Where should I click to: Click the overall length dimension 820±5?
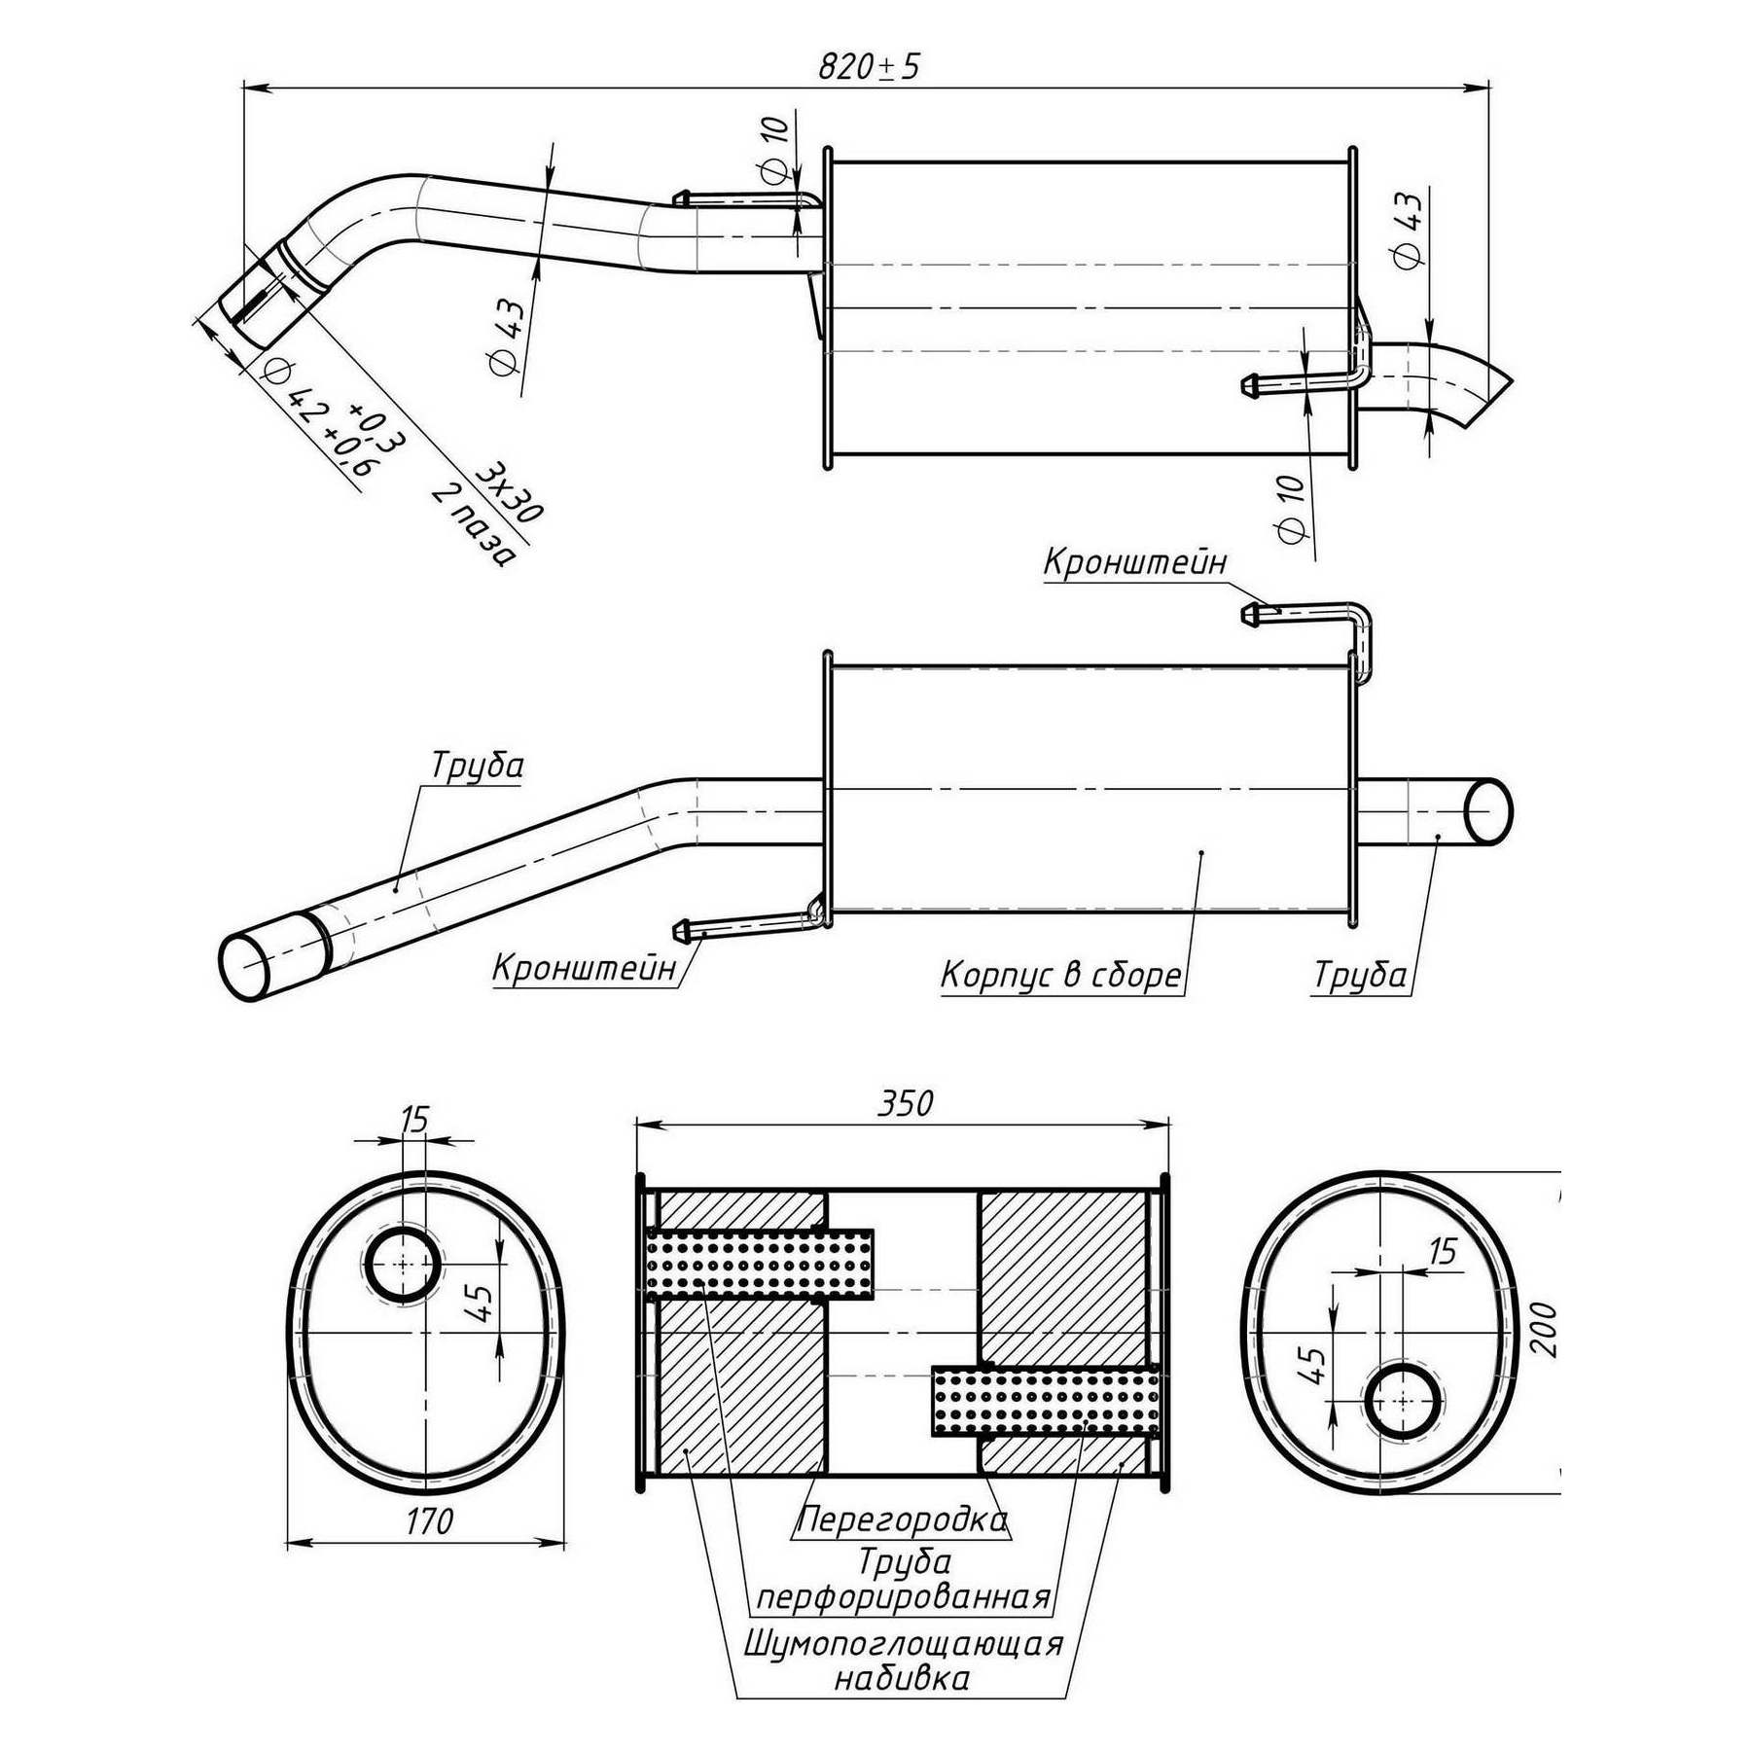click(868, 66)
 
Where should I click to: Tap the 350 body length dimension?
click(905, 1103)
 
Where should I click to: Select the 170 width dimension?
click(429, 1520)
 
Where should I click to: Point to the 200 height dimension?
click(1544, 1329)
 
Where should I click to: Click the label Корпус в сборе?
click(1060, 974)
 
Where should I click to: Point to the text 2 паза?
click(472, 525)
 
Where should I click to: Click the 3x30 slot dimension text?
click(509, 492)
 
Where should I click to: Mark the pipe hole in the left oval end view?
click(402, 1264)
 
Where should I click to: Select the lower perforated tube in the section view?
click(1046, 1401)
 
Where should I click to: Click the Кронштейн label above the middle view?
click(1134, 561)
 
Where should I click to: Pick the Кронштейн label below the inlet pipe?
click(584, 968)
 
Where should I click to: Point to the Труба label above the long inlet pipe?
click(477, 766)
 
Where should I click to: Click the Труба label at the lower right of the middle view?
click(1360, 974)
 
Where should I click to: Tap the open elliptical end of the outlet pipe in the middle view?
click(1487, 809)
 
